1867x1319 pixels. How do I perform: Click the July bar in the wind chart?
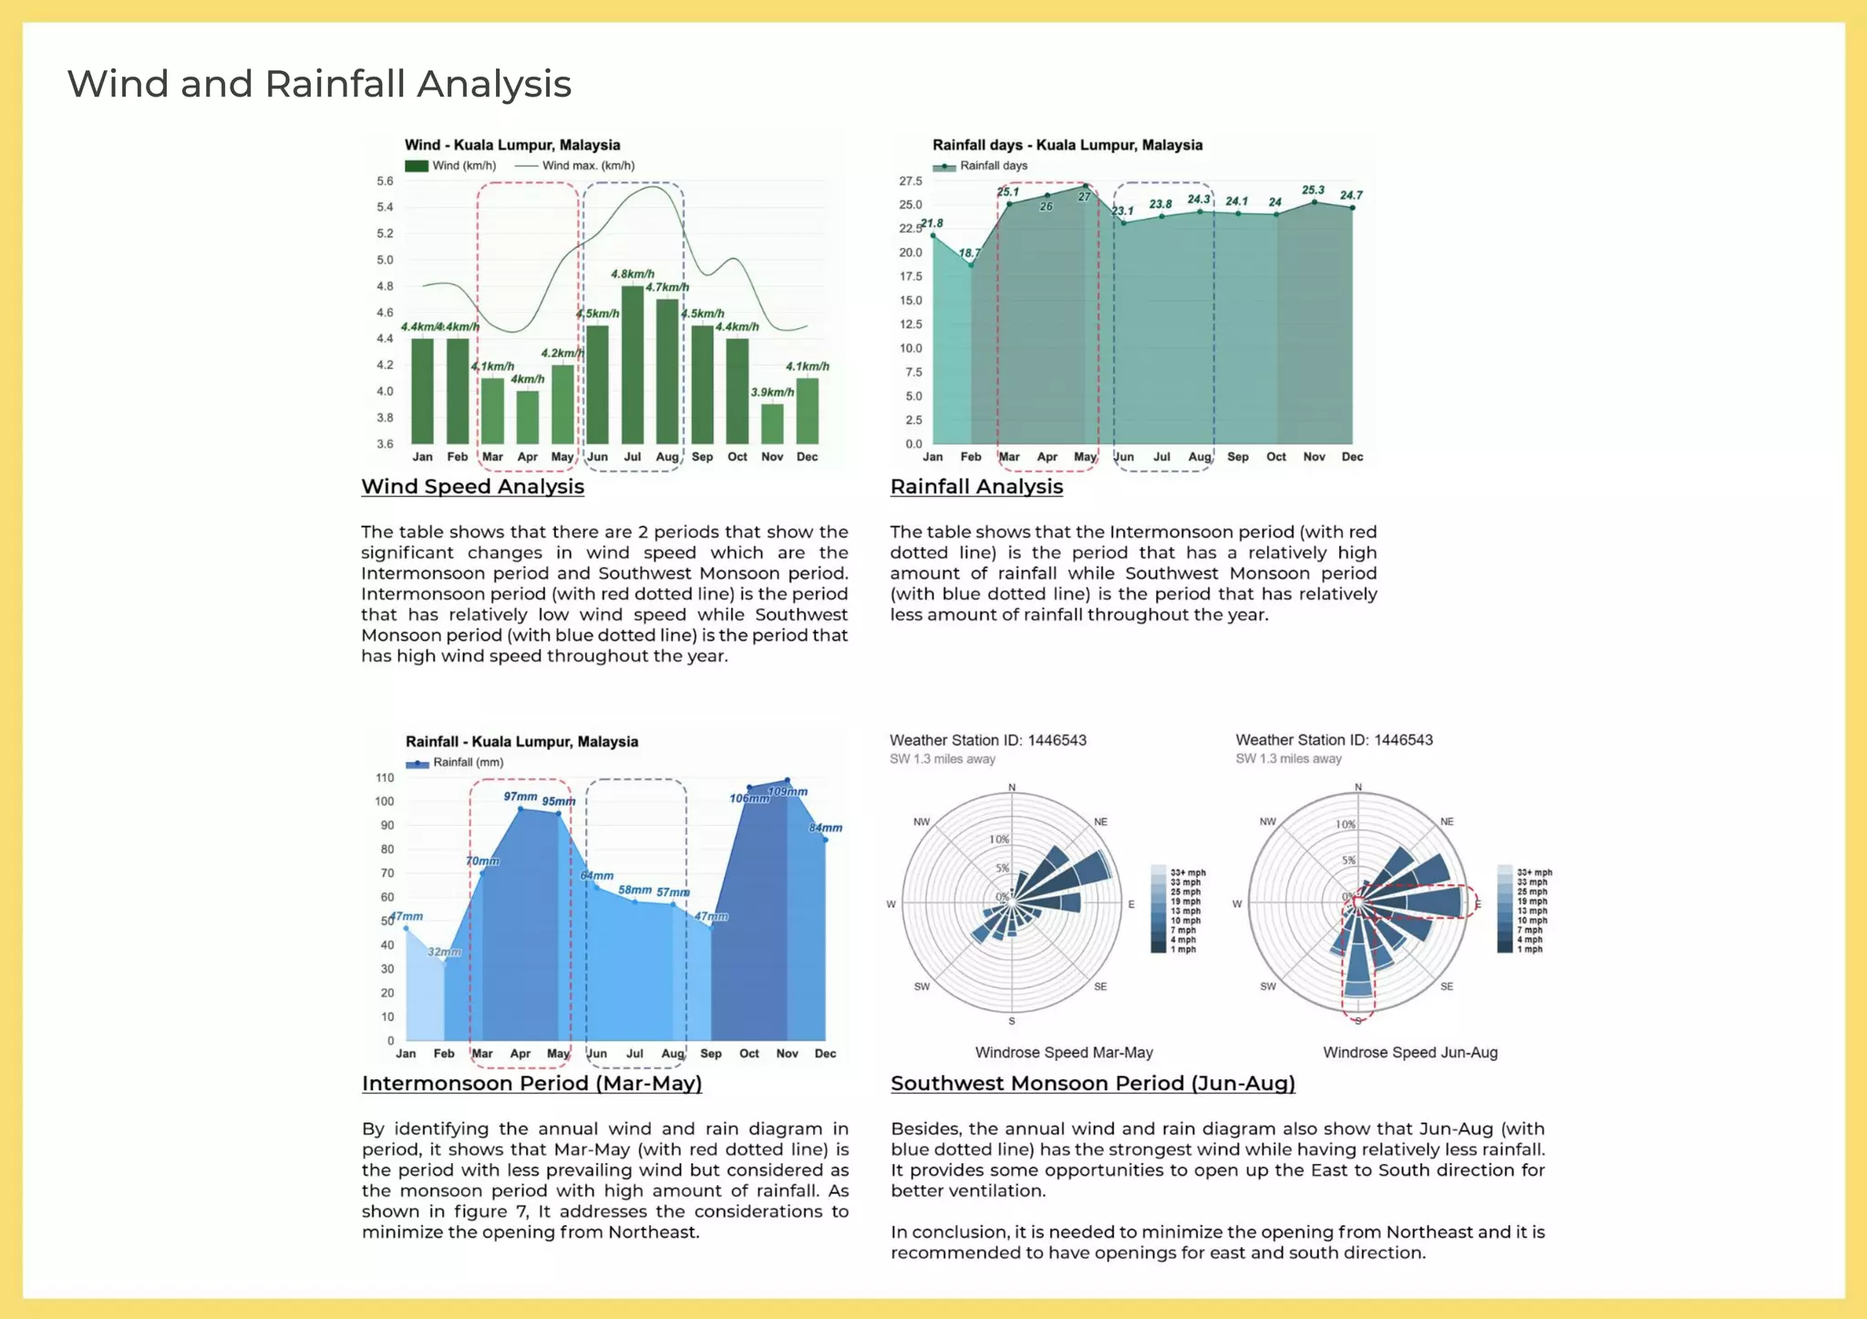coord(632,365)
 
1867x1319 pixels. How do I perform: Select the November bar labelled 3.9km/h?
coord(772,423)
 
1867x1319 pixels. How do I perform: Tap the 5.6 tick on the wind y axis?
coord(385,181)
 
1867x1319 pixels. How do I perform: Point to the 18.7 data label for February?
coord(969,253)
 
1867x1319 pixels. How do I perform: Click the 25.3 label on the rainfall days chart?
coord(1313,191)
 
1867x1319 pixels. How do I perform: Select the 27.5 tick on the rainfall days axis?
coord(910,181)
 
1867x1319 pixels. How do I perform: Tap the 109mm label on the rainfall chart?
coord(788,791)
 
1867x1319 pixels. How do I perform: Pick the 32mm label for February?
coord(444,952)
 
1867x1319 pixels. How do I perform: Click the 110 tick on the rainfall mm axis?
coord(385,778)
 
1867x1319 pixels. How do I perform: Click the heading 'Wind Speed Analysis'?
coord(472,487)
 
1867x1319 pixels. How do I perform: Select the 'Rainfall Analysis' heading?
coord(976,487)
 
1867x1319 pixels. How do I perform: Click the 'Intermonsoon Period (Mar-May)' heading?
coord(531,1083)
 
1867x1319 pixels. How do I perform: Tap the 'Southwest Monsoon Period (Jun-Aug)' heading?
coord(1092,1083)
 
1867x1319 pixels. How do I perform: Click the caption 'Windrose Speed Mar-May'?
coord(1064,1052)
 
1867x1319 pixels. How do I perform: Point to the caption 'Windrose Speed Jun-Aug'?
coord(1409,1052)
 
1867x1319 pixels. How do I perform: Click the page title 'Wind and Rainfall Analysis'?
coord(319,84)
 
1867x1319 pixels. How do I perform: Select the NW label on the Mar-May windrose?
coord(922,821)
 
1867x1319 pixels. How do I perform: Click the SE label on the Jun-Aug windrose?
coord(1447,986)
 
